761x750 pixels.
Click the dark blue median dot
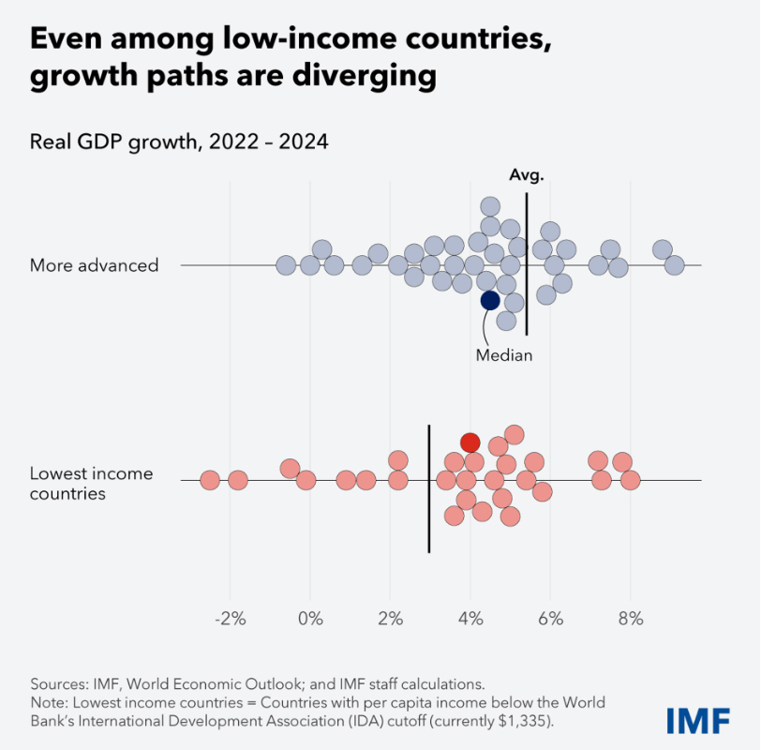(x=490, y=301)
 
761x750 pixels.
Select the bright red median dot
(x=470, y=442)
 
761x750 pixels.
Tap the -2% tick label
(x=230, y=619)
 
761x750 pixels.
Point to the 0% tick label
(x=310, y=619)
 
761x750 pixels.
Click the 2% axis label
(x=390, y=619)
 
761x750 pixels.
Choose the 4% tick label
(x=470, y=619)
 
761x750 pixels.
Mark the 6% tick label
(x=550, y=619)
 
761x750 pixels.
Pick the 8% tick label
(x=631, y=619)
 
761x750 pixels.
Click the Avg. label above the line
(x=527, y=175)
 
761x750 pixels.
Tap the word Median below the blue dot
(x=504, y=355)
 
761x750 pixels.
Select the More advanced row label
(x=94, y=265)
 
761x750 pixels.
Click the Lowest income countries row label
(x=91, y=484)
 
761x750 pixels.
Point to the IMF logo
(x=698, y=720)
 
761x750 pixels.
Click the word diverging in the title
(x=365, y=76)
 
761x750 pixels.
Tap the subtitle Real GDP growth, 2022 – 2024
(x=179, y=142)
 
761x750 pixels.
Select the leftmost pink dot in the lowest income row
(x=210, y=480)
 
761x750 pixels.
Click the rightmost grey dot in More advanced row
(x=674, y=265)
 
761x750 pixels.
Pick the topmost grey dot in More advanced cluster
(x=490, y=206)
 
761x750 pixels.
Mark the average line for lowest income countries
(x=429, y=488)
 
